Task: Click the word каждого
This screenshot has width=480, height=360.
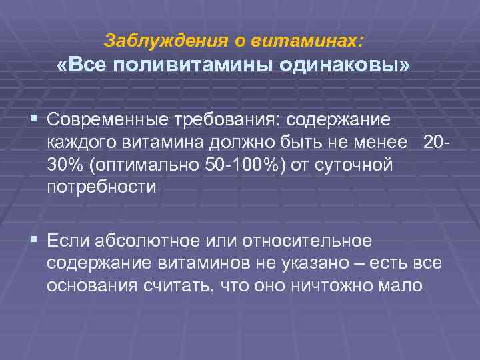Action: pos(79,143)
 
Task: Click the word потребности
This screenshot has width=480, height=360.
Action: pos(101,187)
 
